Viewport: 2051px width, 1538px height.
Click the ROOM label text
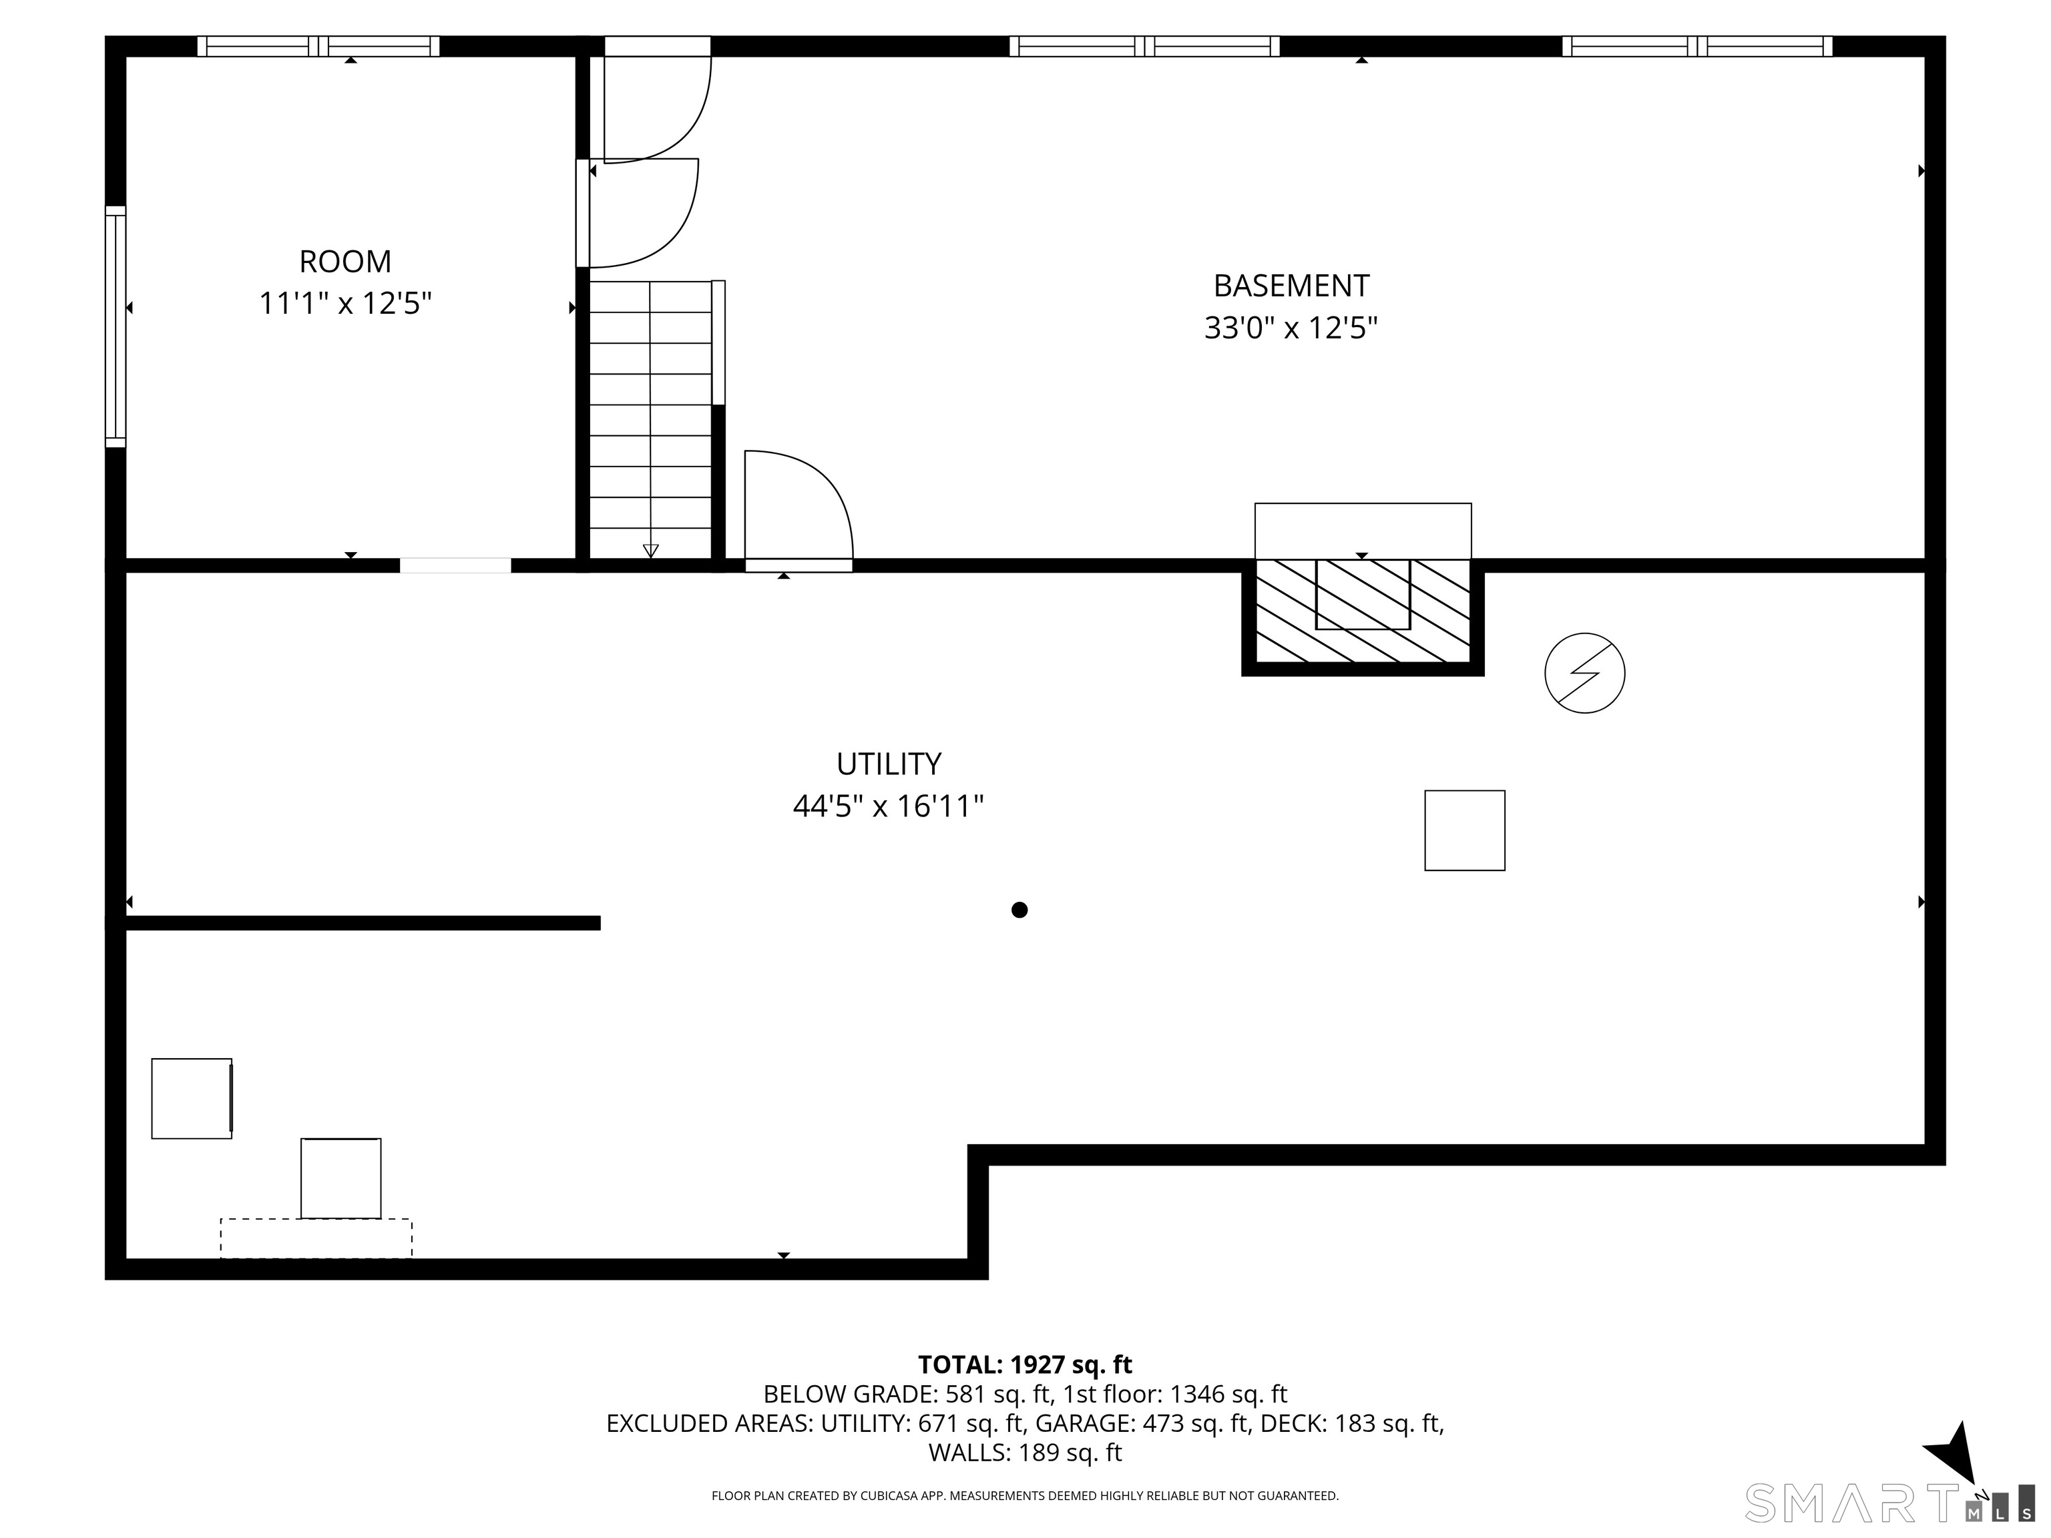(345, 262)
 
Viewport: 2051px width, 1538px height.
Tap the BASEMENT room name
(1291, 286)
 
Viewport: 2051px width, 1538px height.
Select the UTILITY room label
(888, 764)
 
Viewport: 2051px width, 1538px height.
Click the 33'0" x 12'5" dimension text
(1291, 328)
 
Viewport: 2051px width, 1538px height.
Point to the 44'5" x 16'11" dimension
(888, 806)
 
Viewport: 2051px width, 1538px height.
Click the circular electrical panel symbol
(1584, 673)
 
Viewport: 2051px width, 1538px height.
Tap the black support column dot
(1019, 909)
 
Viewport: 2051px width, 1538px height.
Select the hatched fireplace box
(1362, 612)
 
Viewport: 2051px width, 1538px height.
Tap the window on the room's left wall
(115, 326)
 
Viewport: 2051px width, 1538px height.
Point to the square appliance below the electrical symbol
(1464, 830)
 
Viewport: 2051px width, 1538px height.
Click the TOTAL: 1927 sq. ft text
(1025, 1364)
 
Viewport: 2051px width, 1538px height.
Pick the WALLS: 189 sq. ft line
(1025, 1453)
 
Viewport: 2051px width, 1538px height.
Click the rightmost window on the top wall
(1696, 46)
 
